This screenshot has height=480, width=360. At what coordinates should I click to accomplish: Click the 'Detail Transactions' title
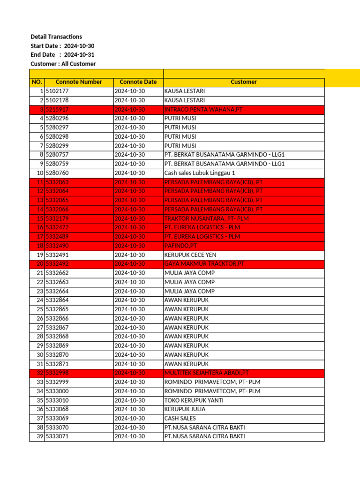point(56,37)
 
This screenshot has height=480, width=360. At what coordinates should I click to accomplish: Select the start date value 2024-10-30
point(79,46)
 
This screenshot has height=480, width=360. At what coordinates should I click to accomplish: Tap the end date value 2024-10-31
point(79,55)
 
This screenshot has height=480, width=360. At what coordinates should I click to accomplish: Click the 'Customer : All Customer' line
point(63,64)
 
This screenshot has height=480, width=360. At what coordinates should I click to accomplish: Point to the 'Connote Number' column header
point(79,82)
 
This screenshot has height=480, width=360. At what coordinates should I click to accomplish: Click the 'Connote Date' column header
point(138,82)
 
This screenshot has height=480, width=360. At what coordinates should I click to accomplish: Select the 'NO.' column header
point(37,82)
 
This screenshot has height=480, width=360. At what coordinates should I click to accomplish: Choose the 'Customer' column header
point(243,82)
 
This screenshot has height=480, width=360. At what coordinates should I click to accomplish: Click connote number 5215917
point(57,109)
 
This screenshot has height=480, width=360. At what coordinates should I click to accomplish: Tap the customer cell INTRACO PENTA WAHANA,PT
point(203,109)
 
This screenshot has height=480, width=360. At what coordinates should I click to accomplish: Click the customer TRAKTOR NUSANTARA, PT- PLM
point(205,218)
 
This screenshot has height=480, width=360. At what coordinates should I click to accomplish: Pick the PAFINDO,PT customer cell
point(180,246)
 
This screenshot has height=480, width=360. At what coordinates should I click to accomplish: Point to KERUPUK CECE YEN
point(189,255)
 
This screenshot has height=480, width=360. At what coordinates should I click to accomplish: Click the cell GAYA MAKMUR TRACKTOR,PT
point(204,264)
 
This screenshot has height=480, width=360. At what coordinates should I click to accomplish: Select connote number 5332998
point(57,373)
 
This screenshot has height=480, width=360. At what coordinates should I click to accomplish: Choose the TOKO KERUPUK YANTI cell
point(194,400)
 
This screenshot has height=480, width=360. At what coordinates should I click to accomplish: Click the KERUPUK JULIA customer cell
point(185,409)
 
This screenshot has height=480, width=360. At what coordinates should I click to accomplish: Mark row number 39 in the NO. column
point(39,436)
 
